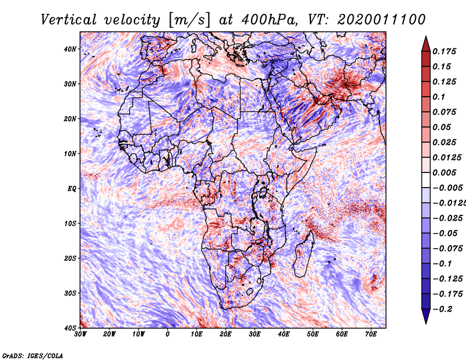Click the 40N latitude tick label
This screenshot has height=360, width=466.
pos(70,49)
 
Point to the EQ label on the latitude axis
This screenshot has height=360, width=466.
pos(72,189)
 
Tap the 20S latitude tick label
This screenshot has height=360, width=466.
pos(70,258)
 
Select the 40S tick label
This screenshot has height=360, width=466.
pos(70,328)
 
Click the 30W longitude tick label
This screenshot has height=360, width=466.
pos(80,334)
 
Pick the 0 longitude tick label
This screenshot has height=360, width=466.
pos(168,334)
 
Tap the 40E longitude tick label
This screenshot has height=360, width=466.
pos(284,334)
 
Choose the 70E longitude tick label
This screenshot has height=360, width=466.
pos(371,334)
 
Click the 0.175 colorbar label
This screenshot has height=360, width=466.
pos(444,51)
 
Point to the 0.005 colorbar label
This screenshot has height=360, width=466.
pos(444,172)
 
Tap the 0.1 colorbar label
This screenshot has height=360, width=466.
pos(439,97)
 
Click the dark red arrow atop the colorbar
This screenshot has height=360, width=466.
pos(426,44)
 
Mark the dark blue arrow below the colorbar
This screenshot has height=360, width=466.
pos(426,316)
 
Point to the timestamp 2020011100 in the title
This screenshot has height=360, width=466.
pos(382,20)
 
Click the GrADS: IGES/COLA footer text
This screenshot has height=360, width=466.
pos(33,355)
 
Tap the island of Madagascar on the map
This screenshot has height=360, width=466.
pos(303,254)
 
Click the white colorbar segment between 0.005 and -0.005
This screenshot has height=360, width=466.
pos(426,180)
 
